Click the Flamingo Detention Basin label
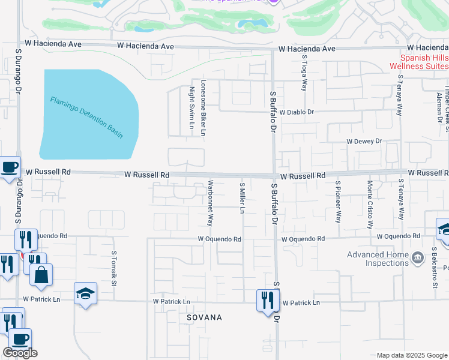tap(86, 117)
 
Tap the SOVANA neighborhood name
tap(204, 317)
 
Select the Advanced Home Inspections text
tap(377, 259)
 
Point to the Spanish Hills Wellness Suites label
tap(419, 62)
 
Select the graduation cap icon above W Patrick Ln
tap(85, 293)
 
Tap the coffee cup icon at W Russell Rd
tap(10, 168)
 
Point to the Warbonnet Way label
tap(210, 203)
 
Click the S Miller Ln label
tap(243, 198)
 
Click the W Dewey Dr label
tap(364, 141)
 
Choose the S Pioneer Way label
tap(338, 202)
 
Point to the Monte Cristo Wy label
tap(370, 205)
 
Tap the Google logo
tap(20, 353)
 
